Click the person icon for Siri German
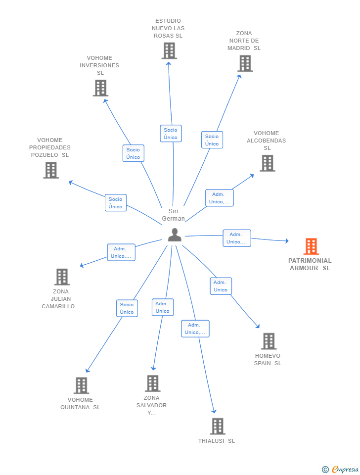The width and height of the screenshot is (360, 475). coord(175,235)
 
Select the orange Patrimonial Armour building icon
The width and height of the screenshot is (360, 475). coord(311,246)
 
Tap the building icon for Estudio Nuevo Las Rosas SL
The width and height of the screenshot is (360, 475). coord(169,50)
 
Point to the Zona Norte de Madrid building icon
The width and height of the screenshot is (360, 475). coord(245,63)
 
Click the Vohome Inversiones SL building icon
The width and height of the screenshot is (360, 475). coord(100,88)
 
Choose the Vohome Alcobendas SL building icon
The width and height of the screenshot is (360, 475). coord(267,163)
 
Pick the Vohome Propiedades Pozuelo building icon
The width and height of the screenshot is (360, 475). coord(51,170)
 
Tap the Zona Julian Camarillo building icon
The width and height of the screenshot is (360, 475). coord(62,277)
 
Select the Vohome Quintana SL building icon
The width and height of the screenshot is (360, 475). coord(81,385)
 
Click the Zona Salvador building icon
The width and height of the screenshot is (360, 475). coord(152,383)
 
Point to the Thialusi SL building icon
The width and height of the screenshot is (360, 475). coord(217,427)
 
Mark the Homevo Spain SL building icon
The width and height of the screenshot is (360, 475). coord(269,341)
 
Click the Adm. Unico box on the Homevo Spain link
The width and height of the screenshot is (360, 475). coord(221,286)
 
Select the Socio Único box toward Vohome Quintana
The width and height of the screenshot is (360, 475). coord(127,308)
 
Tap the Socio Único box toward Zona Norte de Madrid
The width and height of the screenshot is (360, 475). coord(212,140)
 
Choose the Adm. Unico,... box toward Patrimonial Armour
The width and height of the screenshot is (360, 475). coord(236,238)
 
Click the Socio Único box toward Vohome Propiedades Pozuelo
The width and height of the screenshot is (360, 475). coord(115,203)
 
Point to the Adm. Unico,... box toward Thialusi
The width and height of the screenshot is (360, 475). coord(195,329)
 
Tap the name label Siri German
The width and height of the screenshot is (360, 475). coord(173,215)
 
